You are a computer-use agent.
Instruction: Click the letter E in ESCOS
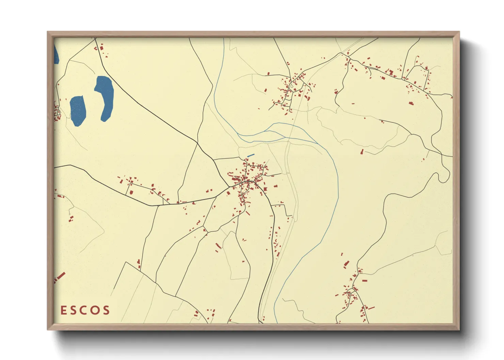64,310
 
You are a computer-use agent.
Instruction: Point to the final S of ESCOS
107,310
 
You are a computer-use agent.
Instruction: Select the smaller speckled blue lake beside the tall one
78,111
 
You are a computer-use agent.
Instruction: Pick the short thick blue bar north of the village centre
251,155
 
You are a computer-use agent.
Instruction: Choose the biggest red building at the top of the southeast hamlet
347,264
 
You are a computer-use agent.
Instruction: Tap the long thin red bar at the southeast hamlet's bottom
371,308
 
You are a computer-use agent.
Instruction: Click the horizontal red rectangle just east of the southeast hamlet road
365,281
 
